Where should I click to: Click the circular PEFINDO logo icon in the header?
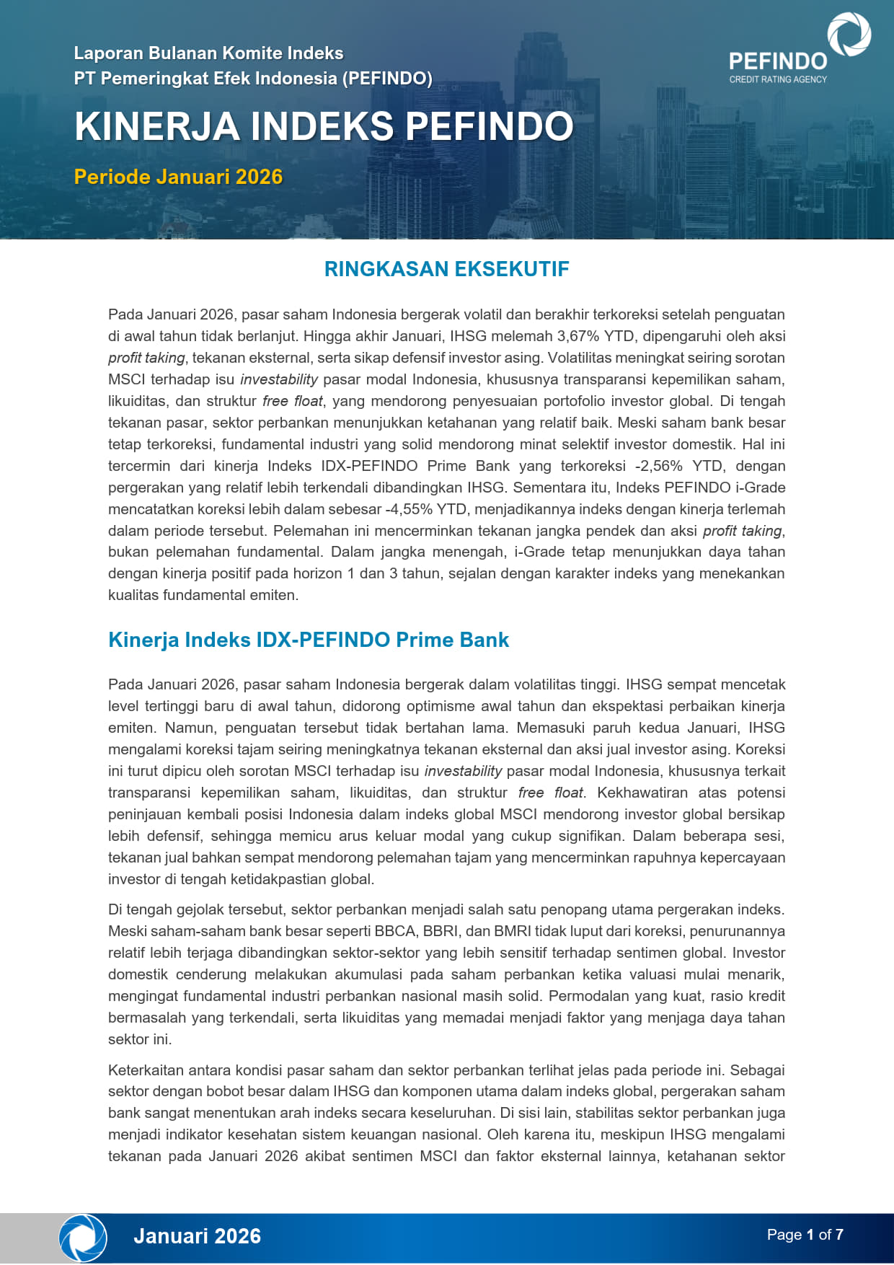click(x=849, y=34)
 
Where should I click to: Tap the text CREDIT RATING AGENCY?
click(x=778, y=79)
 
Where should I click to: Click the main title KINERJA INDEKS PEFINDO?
click(x=324, y=126)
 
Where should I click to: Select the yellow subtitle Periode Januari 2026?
click(x=178, y=177)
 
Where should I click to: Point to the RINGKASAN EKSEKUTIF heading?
click(x=446, y=269)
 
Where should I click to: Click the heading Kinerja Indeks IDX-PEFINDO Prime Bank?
click(x=308, y=640)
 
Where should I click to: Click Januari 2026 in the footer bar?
click(x=197, y=1236)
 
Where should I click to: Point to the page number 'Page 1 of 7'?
click(x=805, y=1235)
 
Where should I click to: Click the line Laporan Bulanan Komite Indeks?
click(x=208, y=53)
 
